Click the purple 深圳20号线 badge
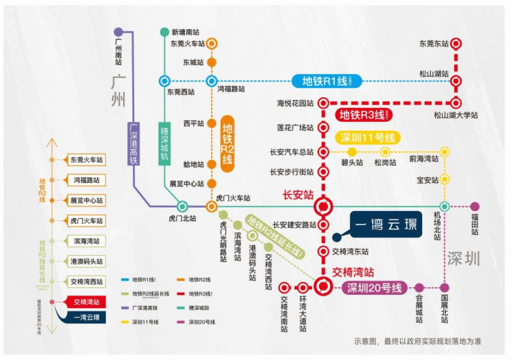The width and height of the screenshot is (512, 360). pyautogui.click(x=374, y=287)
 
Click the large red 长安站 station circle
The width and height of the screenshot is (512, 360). pyautogui.click(x=323, y=206)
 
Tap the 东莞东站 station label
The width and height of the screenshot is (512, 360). pyautogui.click(x=434, y=43)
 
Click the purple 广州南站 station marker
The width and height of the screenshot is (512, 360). pyautogui.click(x=119, y=32)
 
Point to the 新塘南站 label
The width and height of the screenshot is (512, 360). pyautogui.click(x=185, y=32)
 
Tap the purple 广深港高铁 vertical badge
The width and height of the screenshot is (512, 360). pyautogui.click(x=134, y=143)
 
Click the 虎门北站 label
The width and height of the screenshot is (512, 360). pyautogui.click(x=182, y=218)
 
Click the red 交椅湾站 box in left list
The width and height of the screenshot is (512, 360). pyautogui.click(x=86, y=302)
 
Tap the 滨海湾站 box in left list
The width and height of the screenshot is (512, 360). pyautogui.click(x=86, y=241)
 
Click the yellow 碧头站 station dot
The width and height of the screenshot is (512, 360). pyautogui.click(x=351, y=152)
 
